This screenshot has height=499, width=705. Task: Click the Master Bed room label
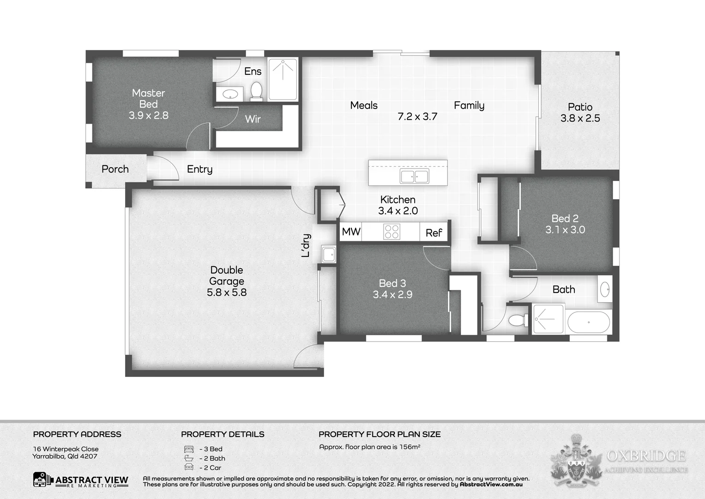(x=148, y=98)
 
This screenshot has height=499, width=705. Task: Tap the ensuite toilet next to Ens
(x=256, y=90)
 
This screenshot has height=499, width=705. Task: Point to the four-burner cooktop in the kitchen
(x=392, y=231)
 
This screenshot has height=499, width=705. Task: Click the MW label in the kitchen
(x=351, y=231)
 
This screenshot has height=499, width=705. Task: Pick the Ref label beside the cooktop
(x=434, y=233)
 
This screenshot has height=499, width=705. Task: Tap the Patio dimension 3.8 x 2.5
(x=580, y=118)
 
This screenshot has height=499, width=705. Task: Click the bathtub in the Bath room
(x=589, y=322)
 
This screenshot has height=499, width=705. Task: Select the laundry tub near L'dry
(x=329, y=254)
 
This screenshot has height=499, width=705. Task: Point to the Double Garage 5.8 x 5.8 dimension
(x=226, y=292)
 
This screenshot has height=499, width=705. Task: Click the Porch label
(x=115, y=169)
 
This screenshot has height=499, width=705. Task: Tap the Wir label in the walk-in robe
(x=253, y=119)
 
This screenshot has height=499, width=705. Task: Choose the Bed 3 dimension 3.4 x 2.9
(x=392, y=294)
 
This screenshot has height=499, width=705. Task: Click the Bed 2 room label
(x=565, y=219)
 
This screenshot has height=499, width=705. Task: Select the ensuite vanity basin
(x=230, y=94)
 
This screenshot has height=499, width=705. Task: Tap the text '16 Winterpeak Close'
(x=66, y=449)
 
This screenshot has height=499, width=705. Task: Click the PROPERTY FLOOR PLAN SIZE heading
(x=380, y=434)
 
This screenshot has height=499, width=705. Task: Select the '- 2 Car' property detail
(x=210, y=468)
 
